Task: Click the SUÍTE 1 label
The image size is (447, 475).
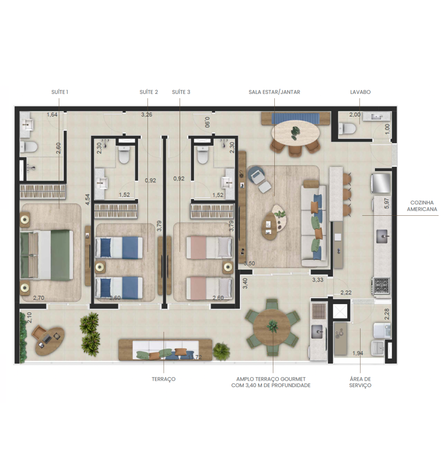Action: [60, 92]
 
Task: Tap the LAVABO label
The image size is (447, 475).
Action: [360, 92]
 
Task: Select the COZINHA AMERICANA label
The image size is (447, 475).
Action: [422, 206]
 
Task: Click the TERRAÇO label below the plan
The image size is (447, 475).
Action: [163, 379]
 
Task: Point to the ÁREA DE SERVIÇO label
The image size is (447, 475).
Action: [360, 382]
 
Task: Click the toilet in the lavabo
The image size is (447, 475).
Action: [347, 128]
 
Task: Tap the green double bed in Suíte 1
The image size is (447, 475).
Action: [46, 255]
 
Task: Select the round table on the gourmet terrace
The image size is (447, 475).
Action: [272, 327]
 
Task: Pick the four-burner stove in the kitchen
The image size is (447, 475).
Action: [382, 285]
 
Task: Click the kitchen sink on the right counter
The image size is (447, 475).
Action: [382, 237]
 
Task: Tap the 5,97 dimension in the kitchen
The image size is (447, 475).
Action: [386, 203]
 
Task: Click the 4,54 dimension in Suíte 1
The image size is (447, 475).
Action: [87, 199]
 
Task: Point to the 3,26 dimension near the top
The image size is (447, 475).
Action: [147, 115]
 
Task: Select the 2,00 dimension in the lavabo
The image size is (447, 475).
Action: [355, 115]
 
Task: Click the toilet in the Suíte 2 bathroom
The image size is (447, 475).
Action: [124, 155]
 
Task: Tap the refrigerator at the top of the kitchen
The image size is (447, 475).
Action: [381, 183]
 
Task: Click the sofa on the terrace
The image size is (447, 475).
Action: [165, 350]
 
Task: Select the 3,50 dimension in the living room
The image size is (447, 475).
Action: [249, 263]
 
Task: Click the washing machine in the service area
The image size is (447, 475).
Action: [382, 330]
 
